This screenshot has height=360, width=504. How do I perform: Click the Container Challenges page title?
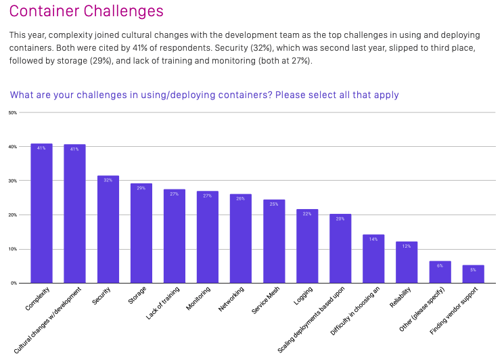click(x=86, y=12)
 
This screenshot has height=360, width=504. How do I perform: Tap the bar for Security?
click(x=108, y=229)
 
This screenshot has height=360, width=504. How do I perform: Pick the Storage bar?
click(x=141, y=233)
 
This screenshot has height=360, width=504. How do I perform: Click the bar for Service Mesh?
click(x=274, y=242)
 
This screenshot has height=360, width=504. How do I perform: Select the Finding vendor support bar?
click(x=473, y=274)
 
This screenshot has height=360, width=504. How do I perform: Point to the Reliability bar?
click(x=407, y=263)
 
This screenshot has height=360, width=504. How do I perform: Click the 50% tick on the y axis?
click(x=12, y=112)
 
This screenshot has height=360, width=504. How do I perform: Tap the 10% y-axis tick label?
click(x=12, y=249)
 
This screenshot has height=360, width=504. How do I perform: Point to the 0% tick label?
click(x=14, y=283)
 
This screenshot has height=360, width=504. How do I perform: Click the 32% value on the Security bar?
click(x=108, y=180)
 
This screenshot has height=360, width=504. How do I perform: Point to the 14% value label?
click(x=373, y=239)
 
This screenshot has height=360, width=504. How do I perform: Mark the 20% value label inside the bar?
click(x=340, y=219)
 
